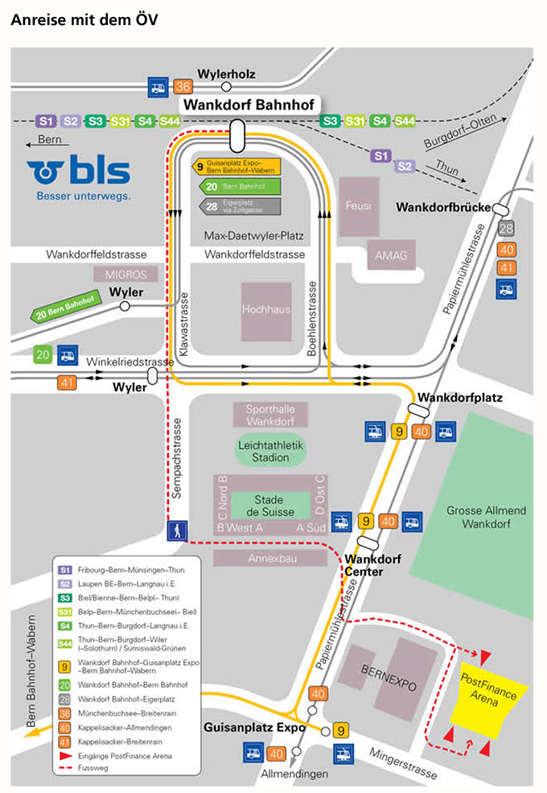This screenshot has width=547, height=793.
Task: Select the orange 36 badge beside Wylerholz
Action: point(183,87)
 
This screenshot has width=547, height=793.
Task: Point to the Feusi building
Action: point(357,206)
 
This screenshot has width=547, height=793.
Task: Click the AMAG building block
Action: point(392,256)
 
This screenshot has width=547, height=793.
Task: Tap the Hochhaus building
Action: point(266,310)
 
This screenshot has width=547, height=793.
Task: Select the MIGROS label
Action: point(125,275)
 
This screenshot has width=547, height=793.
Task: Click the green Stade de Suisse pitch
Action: point(269,506)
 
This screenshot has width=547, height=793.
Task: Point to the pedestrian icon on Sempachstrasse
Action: point(177,531)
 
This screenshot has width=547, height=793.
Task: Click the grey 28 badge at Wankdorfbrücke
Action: point(506,229)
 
